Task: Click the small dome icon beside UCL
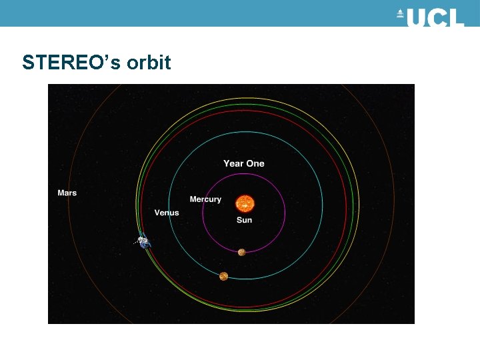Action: pyautogui.click(x=401, y=15)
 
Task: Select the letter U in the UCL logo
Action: pyautogui.click(x=417, y=17)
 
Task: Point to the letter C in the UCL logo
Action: pyautogui.click(x=436, y=17)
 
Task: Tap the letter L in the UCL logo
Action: pyautogui.click(x=455, y=17)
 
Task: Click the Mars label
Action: pyautogui.click(x=67, y=193)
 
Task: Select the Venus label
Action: pyautogui.click(x=166, y=213)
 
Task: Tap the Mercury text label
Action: pyautogui.click(x=205, y=200)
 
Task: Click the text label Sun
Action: pyautogui.click(x=244, y=221)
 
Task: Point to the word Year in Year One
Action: pyautogui.click(x=233, y=164)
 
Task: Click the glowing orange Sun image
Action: pyautogui.click(x=245, y=203)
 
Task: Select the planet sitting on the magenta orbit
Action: pyautogui.click(x=241, y=252)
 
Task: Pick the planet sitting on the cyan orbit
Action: pyautogui.click(x=224, y=276)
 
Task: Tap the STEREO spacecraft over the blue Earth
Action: pyautogui.click(x=143, y=241)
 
